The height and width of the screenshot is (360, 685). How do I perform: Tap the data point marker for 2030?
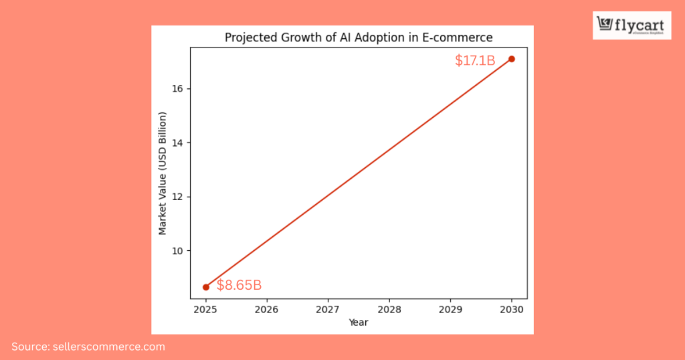click(x=512, y=59)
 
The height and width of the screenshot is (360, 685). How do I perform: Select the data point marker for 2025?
click(x=206, y=287)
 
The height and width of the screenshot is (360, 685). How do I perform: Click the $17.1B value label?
click(x=475, y=61)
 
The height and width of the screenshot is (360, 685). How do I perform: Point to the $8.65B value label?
click(x=239, y=286)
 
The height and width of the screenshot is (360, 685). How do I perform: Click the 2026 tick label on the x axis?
click(x=267, y=310)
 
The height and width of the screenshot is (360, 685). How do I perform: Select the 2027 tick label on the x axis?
click(x=328, y=310)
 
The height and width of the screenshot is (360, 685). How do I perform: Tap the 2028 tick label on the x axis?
click(x=389, y=310)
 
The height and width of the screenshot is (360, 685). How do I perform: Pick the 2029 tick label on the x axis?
click(x=450, y=310)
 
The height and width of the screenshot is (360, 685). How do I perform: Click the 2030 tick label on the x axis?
click(x=512, y=310)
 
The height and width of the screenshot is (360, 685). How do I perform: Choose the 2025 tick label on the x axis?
click(x=206, y=310)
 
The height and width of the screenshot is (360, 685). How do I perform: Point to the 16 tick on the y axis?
click(x=179, y=89)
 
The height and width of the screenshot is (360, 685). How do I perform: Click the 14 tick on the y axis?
click(x=179, y=143)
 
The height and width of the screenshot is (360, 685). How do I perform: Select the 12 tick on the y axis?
click(x=179, y=197)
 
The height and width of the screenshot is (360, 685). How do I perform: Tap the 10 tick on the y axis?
click(x=179, y=251)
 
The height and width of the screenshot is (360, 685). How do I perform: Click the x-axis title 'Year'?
click(x=359, y=323)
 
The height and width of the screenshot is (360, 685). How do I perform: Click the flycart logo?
click(x=622, y=25)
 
